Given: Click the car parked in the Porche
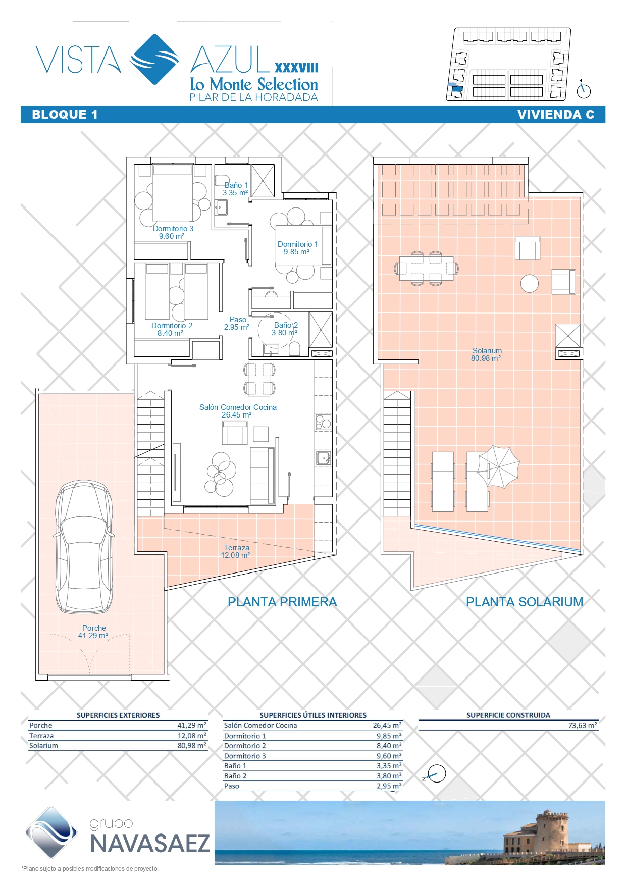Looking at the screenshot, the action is (x=84, y=547).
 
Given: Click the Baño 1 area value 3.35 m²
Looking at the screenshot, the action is (x=235, y=193).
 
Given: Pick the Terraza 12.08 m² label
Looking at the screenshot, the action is (x=236, y=551).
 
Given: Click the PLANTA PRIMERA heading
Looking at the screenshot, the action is (x=282, y=602).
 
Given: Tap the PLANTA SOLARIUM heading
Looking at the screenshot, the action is (x=525, y=602).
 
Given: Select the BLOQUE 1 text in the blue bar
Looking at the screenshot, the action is (x=65, y=115).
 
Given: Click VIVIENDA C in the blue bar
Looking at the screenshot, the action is (x=556, y=115).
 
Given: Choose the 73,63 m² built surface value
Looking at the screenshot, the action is (x=583, y=725).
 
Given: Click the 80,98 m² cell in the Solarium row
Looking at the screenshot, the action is (x=192, y=745).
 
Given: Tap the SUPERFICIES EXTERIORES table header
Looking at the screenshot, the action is (x=118, y=715).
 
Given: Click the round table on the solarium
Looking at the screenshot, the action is (x=530, y=283).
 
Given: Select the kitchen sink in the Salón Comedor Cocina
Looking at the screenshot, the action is (x=323, y=458).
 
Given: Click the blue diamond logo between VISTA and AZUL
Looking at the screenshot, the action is (x=155, y=60).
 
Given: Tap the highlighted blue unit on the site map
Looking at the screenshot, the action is (x=456, y=91).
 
